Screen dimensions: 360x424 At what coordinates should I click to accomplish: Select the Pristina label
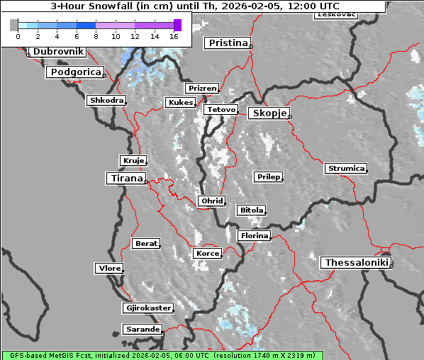pos(228,43)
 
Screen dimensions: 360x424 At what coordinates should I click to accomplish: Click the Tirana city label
pos(126,179)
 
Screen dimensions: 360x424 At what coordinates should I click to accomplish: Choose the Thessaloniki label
pos(356,263)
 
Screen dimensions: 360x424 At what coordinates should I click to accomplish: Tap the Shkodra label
pos(106,101)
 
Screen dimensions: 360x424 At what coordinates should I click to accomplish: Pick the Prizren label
pos(202,89)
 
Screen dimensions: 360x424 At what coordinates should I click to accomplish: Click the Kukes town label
pos(180,103)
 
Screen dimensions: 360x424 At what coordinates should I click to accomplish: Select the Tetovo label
pos(221,110)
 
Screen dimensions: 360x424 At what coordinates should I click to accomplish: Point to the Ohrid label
pos(212,201)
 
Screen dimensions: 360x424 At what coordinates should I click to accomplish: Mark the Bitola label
pos(251,210)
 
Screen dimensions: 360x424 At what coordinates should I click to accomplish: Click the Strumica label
pos(346,169)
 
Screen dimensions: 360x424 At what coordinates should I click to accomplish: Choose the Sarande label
pos(142,330)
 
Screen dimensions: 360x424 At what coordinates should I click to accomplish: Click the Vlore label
pos(109,269)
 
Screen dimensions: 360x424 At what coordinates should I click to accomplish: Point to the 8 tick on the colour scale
pos(96,35)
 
